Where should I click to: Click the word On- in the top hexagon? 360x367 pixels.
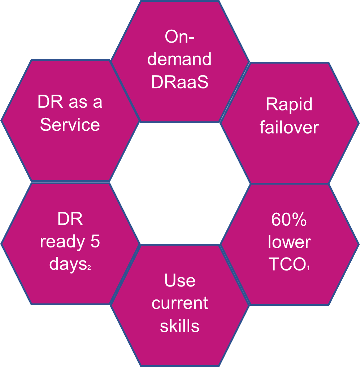point(179,36)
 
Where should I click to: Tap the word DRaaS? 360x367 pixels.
point(180,82)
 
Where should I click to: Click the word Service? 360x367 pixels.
point(70,125)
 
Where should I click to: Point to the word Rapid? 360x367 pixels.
point(289,104)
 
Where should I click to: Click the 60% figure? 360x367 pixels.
point(289,219)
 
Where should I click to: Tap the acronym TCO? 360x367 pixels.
point(287,264)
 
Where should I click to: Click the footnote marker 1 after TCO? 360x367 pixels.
point(308,268)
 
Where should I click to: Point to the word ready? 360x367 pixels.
point(62,242)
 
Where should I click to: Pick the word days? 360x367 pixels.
point(68,264)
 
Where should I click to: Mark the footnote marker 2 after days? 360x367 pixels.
point(89,267)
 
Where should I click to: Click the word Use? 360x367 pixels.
point(180,280)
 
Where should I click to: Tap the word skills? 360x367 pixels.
point(180,325)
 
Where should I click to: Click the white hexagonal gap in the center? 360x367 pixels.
point(180,183)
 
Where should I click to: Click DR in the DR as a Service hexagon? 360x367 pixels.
point(50,102)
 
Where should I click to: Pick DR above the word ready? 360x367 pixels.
point(70,219)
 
